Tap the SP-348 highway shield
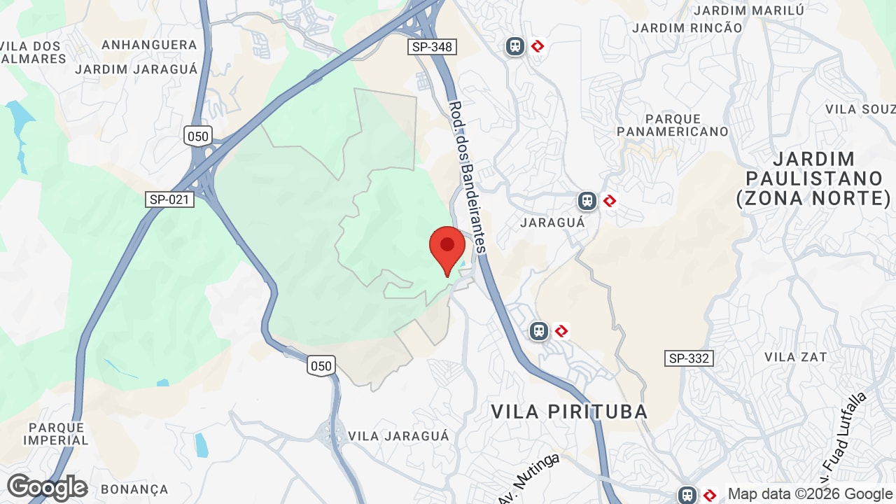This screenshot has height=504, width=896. point(432,47)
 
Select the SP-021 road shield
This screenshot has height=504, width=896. point(169,199)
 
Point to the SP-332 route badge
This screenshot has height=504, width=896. point(689,358)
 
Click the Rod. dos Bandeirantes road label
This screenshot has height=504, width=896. point(467,177)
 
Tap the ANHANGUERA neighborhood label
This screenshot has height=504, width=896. point(149,45)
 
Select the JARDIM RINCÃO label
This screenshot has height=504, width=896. point(687,28)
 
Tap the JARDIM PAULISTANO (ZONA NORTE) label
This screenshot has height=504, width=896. point(813,178)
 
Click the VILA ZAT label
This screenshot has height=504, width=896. point(795,357)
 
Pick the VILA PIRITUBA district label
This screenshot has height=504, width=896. point(569,412)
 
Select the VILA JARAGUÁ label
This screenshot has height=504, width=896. point(398,436)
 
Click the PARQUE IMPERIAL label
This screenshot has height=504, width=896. point(56,434)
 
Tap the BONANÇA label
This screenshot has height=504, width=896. point(134,489)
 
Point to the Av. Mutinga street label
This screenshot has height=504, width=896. point(530,479)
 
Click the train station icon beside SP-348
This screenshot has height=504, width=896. point(515,46)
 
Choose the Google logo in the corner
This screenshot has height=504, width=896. point(47,487)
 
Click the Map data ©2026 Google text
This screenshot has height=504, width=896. point(810,494)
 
